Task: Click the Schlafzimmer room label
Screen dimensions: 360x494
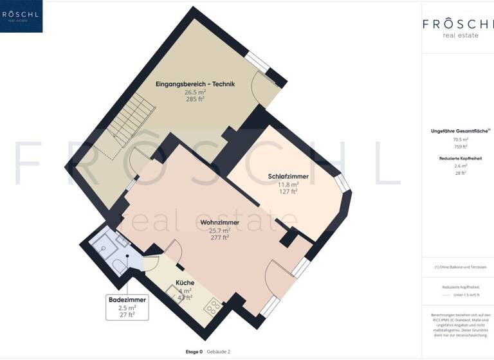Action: pos(288,175)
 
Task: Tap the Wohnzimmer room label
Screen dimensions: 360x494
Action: pos(220,222)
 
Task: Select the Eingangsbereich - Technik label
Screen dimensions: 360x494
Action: pos(195,84)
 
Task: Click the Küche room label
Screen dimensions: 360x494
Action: pos(185,283)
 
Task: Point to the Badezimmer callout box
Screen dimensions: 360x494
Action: pos(127,307)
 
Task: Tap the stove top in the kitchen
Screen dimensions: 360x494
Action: pos(214,307)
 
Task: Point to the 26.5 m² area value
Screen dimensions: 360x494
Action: pos(195,92)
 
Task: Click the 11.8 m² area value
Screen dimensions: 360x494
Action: pos(288,183)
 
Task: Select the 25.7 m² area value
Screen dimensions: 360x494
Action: pos(220,230)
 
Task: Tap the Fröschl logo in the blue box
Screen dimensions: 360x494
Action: pos(21,15)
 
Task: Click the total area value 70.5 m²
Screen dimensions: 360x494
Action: pos(460,139)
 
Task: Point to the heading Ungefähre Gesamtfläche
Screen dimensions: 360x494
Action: pos(459,131)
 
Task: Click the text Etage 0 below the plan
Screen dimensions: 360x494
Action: pos(194,352)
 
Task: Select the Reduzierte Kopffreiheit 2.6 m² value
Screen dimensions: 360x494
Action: pos(460,166)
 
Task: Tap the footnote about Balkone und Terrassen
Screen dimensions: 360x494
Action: pos(460,267)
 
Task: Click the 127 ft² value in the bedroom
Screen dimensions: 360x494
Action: pos(288,191)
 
